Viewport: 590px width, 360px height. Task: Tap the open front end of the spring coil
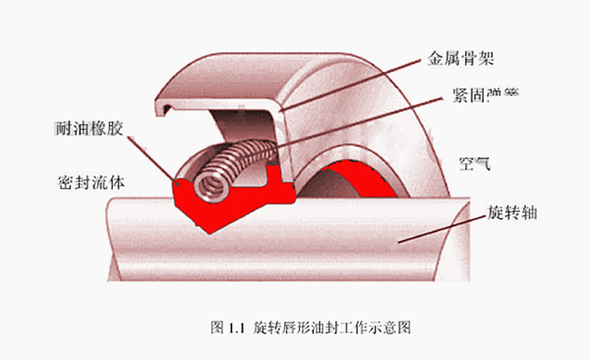[x=208, y=183]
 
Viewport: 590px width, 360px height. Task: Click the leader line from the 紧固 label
[x=354, y=119]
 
